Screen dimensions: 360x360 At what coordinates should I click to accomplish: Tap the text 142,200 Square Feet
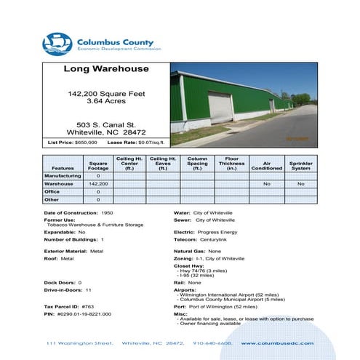click(106, 95)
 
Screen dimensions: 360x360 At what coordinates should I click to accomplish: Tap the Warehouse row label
click(60, 184)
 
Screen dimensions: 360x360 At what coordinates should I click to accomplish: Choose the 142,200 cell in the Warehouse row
click(99, 184)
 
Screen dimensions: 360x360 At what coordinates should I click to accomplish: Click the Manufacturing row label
click(63, 176)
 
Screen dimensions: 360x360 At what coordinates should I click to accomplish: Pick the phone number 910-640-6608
click(211, 343)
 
